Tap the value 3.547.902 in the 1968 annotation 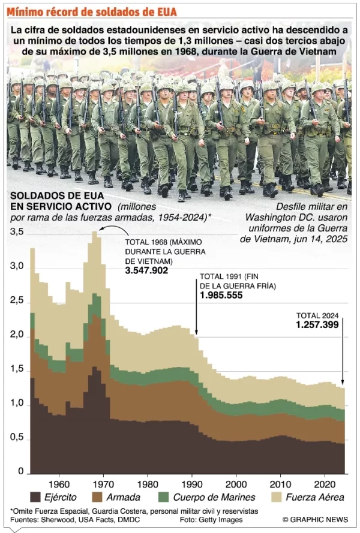click(146, 270)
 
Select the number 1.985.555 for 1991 click(222, 296)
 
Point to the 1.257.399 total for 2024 click(317, 324)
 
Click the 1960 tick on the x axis click(58, 483)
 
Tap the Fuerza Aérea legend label click(314, 497)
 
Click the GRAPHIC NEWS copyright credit click(316, 519)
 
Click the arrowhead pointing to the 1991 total click(196, 332)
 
